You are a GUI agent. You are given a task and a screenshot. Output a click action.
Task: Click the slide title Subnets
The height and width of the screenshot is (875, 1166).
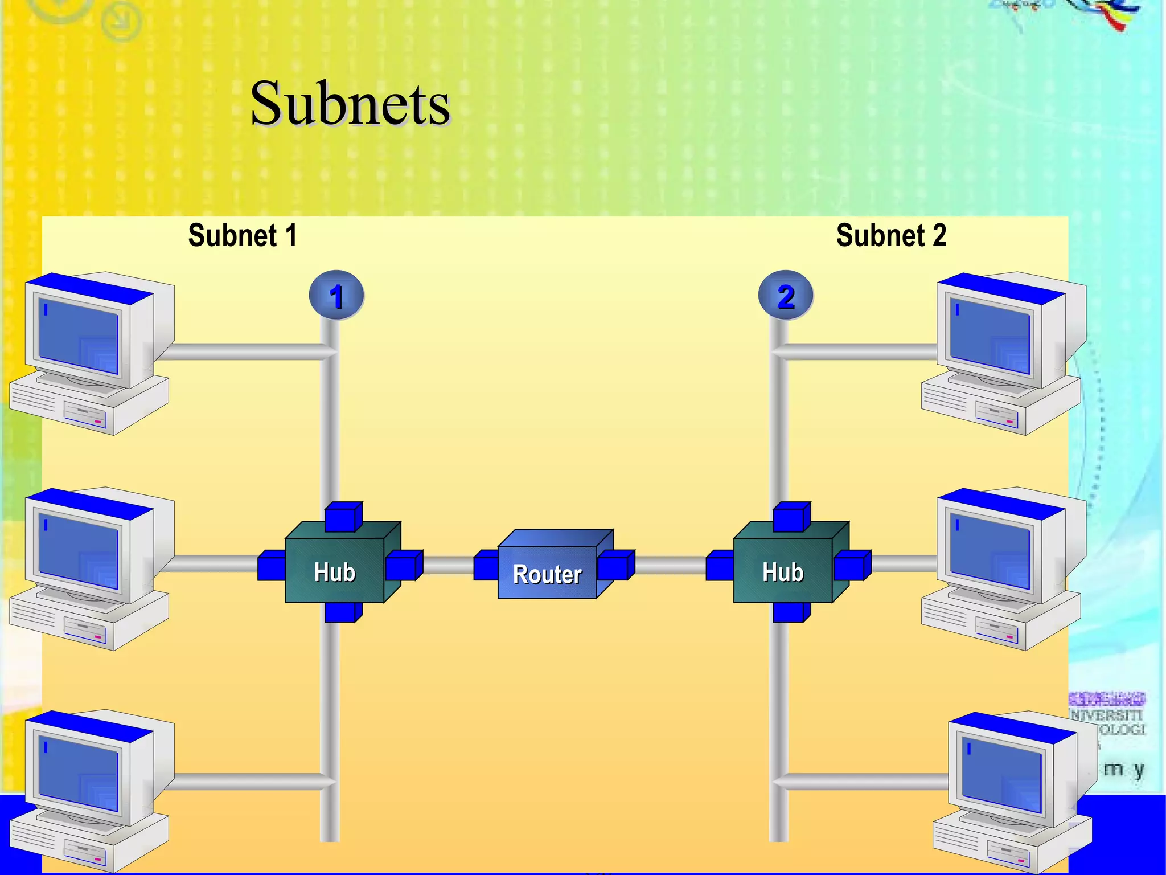[x=350, y=104]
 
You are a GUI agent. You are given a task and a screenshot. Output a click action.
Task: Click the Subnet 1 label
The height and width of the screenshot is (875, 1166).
[x=243, y=235]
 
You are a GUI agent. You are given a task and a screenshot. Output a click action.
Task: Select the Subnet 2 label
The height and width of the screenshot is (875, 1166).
[x=891, y=235]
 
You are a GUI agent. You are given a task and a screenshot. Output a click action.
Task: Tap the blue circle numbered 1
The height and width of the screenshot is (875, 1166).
[x=336, y=296]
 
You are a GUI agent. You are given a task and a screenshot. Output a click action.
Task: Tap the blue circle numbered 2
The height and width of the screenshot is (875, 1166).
[x=786, y=296]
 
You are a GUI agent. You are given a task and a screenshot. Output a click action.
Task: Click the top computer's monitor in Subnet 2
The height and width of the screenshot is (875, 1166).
[x=991, y=336]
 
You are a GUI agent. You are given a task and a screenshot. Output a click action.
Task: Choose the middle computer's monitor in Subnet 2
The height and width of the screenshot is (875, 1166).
[x=991, y=551]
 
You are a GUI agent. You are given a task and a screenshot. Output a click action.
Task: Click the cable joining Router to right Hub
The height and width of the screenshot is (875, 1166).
[x=670, y=565]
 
